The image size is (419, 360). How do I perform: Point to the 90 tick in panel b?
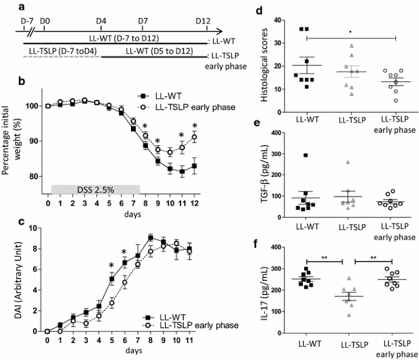click(x=35, y=141)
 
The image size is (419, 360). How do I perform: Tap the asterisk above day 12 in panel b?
click(x=195, y=127)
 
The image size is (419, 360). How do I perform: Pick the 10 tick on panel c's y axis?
click(x=35, y=228)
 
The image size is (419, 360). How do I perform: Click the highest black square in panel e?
click(x=307, y=155)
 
